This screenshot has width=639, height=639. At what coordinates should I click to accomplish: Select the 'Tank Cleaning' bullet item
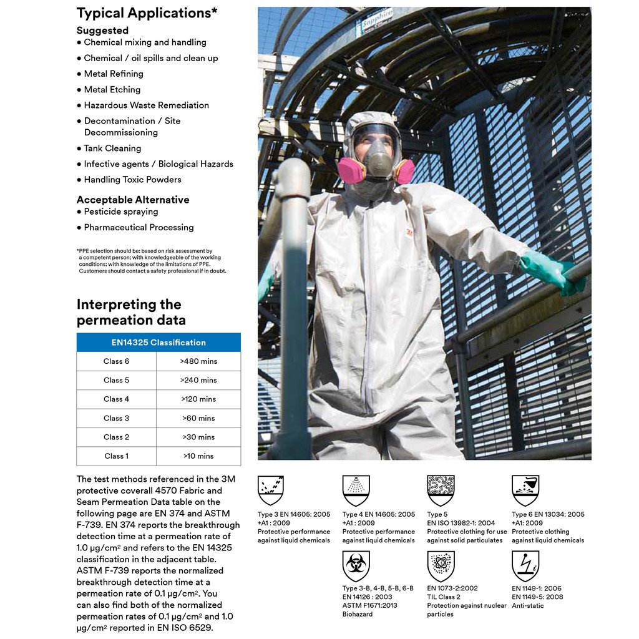(112, 149)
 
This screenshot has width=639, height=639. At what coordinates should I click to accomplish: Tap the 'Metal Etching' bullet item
(112, 89)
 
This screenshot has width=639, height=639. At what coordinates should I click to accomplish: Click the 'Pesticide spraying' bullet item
(120, 212)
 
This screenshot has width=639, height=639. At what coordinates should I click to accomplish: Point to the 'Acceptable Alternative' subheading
(133, 200)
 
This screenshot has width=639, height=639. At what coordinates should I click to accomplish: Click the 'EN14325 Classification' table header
(159, 343)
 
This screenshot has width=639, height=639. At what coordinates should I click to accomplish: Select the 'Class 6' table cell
(117, 361)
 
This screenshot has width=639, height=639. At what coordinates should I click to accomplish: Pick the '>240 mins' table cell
(198, 380)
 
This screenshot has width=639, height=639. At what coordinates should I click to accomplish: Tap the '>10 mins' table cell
(198, 456)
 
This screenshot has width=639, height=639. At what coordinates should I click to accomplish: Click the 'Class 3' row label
(117, 418)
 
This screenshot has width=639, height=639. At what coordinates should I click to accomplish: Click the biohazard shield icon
(356, 566)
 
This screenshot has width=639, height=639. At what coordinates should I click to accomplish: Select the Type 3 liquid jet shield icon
(271, 490)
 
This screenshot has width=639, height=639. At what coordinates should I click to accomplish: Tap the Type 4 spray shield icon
(356, 490)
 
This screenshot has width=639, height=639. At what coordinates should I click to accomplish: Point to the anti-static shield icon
(525, 566)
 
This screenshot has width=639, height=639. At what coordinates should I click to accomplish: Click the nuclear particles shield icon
(441, 566)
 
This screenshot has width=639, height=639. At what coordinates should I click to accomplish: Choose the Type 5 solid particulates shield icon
(441, 490)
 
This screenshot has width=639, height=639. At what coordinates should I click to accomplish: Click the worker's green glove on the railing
(553, 273)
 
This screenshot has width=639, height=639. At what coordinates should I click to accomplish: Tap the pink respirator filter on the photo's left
(350, 170)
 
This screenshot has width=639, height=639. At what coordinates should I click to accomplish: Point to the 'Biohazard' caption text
(358, 614)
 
